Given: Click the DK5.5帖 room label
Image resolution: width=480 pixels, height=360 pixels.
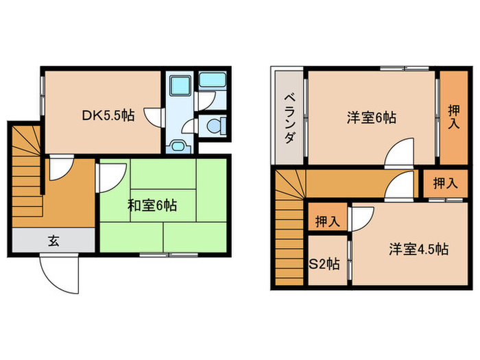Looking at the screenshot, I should (108, 116).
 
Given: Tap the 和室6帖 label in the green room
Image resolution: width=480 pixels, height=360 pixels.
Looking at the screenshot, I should (152, 204).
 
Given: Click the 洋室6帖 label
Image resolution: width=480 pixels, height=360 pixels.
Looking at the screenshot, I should (370, 117).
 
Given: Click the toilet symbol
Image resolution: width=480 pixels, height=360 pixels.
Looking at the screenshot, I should (215, 125).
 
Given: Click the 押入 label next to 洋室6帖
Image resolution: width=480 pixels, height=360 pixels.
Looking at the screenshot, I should (454, 117).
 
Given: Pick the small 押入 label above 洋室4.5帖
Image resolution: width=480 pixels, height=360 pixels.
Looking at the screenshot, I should (446, 183).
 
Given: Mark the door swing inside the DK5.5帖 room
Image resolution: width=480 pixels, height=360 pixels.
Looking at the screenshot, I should (152, 117).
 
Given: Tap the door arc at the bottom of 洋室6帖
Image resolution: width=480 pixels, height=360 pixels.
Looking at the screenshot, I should (400, 154).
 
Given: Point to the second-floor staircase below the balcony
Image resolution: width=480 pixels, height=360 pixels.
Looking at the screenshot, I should (289, 233).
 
